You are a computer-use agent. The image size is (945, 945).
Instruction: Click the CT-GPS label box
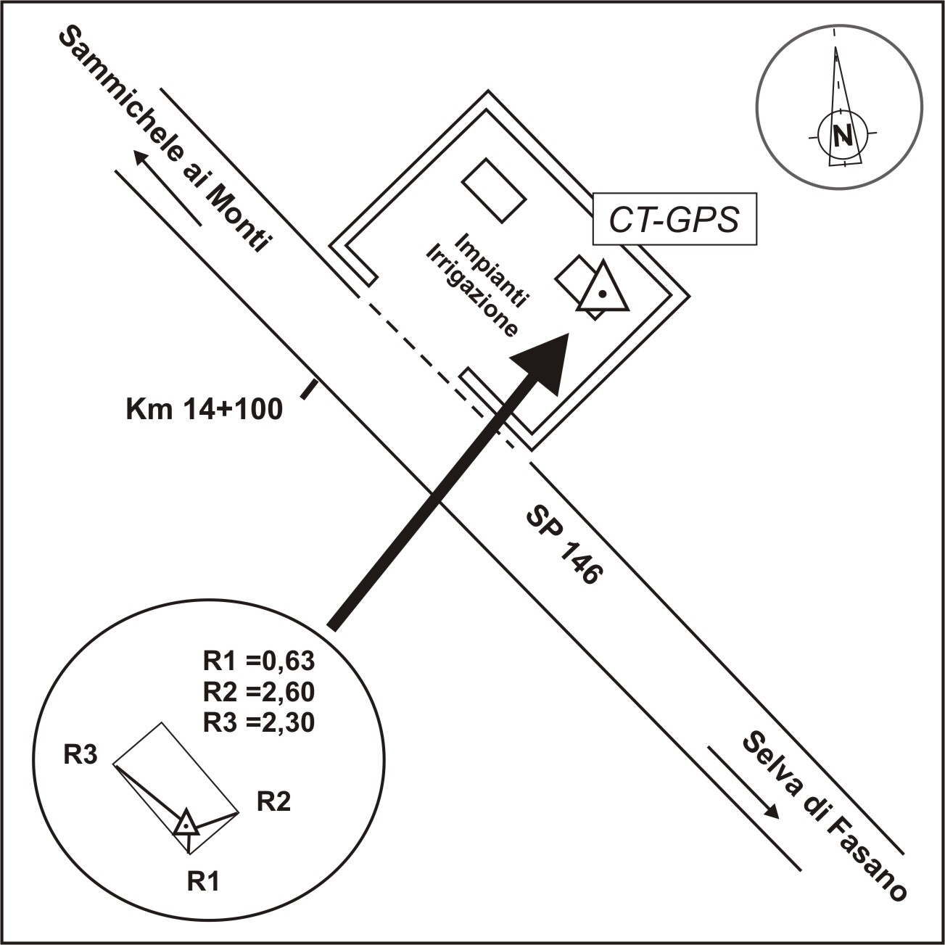[x=674, y=219]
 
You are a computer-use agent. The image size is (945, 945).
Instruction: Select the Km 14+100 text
[x=205, y=409]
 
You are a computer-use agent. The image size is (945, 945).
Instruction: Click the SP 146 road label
[x=564, y=546]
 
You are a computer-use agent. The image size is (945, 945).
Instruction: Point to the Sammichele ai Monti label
[x=165, y=139]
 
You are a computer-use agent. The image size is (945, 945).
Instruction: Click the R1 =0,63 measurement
[x=258, y=661]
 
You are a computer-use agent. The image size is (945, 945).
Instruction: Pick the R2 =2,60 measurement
[x=258, y=692]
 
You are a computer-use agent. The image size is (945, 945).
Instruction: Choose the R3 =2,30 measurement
[x=258, y=722]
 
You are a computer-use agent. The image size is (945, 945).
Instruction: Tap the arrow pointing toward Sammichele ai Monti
[x=168, y=188]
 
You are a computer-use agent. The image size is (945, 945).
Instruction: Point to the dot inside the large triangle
[x=603, y=294]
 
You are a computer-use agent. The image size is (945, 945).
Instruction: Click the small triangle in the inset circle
[x=186, y=823]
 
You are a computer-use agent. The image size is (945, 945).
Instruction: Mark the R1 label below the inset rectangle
[x=203, y=882]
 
